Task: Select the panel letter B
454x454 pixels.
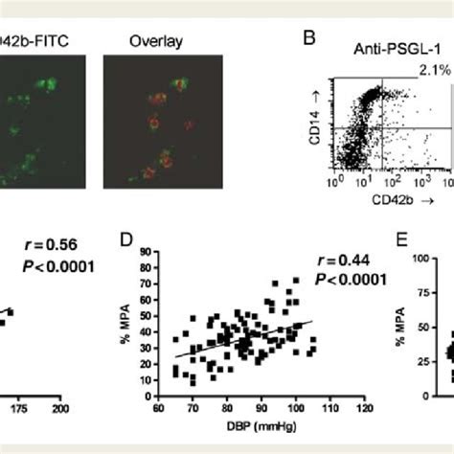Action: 309,39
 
